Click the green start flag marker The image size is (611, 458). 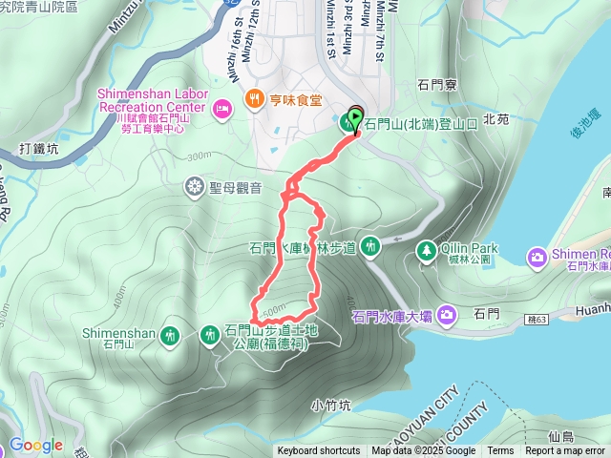click(x=356, y=119)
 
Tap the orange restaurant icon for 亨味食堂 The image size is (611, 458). click(x=254, y=98)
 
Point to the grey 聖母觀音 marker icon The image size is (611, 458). click(x=195, y=184)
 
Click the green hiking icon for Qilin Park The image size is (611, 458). click(x=426, y=251)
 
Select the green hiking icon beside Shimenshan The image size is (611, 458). click(x=170, y=335)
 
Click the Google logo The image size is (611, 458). click(x=35, y=445)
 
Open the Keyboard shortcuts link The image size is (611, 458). click(x=319, y=451)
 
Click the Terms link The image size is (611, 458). click(x=500, y=451)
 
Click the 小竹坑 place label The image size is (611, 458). click(x=331, y=405)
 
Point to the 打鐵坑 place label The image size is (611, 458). click(x=39, y=149)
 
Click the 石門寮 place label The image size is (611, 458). click(x=437, y=85)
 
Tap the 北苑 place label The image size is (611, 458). click(x=496, y=119)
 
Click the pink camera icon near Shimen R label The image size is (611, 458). click(x=537, y=257)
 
